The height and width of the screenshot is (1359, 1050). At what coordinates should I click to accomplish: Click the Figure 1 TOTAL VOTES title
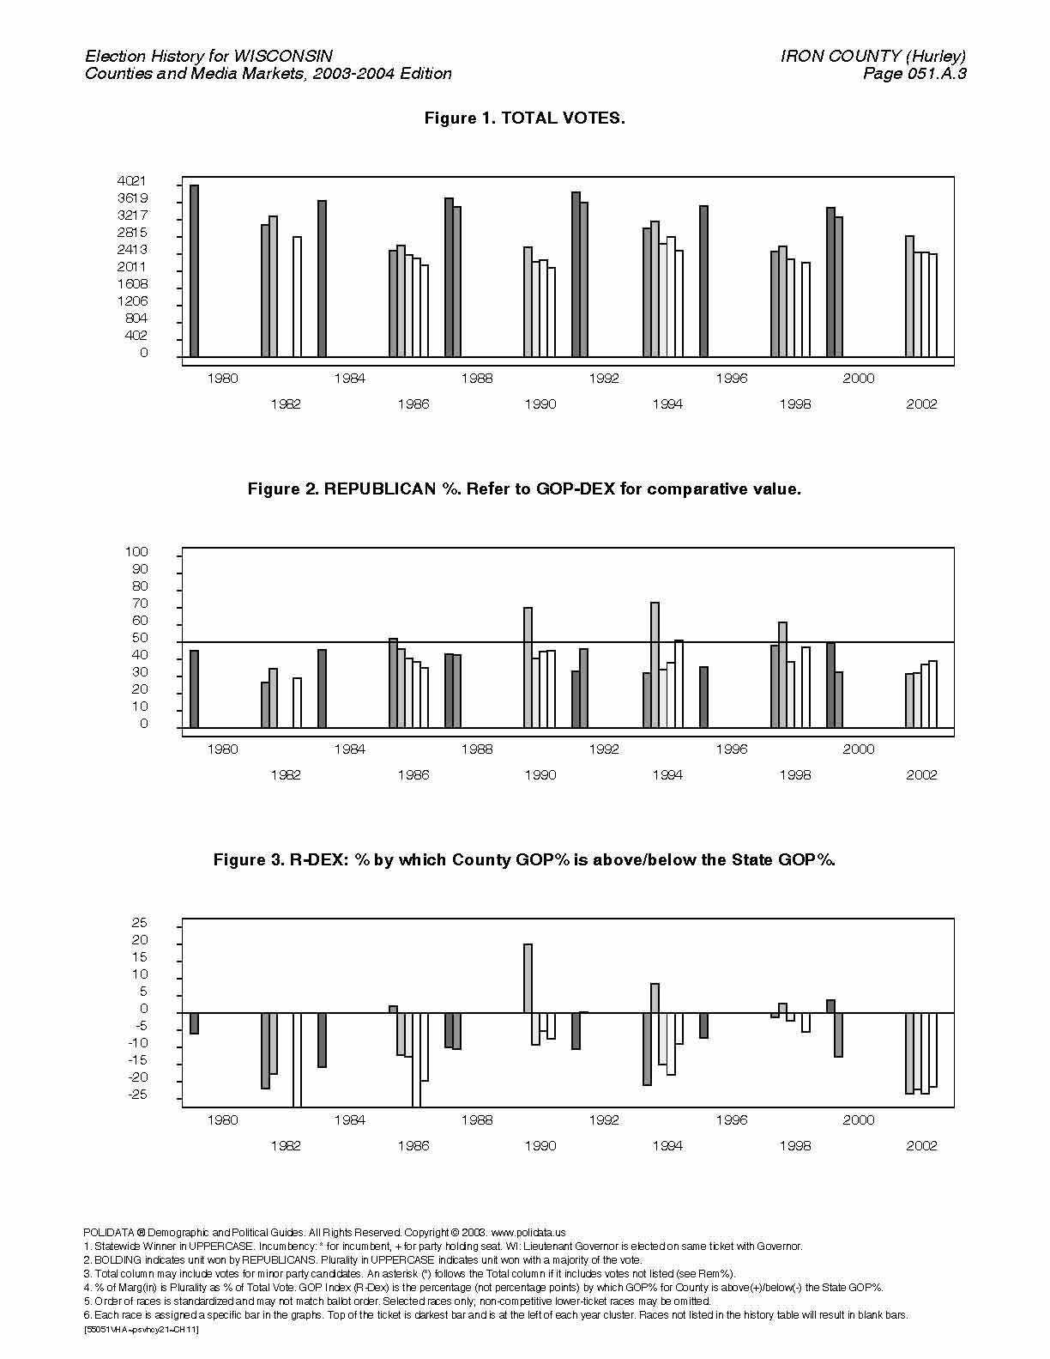(524, 118)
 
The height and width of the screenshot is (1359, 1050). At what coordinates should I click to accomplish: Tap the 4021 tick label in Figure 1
(132, 181)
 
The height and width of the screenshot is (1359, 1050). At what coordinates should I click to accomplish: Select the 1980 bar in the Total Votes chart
(194, 270)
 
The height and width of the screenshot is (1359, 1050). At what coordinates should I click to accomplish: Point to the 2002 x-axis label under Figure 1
(921, 404)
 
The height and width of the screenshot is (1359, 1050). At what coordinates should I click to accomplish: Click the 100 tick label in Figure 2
(136, 552)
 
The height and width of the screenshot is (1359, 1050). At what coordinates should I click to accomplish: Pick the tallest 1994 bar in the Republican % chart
(655, 664)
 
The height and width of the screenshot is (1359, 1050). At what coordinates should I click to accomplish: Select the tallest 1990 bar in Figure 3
(528, 978)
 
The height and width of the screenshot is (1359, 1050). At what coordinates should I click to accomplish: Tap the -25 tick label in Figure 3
(137, 1095)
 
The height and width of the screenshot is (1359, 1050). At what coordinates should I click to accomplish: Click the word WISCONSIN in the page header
(282, 57)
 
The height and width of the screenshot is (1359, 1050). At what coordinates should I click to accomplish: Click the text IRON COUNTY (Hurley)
(873, 57)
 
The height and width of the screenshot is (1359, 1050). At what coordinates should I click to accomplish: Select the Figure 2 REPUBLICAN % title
(524, 489)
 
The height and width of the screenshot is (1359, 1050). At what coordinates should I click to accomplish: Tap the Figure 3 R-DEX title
(524, 860)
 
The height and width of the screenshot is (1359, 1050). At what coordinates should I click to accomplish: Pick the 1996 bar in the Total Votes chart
(703, 281)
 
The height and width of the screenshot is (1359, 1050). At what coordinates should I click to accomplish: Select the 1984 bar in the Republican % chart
(322, 689)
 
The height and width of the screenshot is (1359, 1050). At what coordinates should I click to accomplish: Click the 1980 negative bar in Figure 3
(194, 1023)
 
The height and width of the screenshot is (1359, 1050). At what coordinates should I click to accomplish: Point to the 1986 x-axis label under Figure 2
(413, 775)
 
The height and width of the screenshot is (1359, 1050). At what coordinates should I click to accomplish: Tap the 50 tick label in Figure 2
(140, 638)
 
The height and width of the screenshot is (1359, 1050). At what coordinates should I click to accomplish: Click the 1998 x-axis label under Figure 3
(794, 1146)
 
